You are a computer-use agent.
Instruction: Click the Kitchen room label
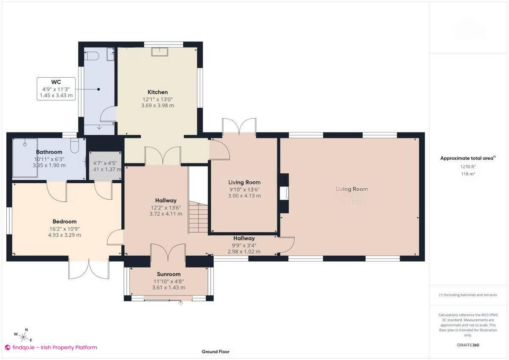point(157,92)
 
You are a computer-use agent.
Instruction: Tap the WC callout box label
point(56,82)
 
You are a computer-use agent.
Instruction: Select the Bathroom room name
point(49,152)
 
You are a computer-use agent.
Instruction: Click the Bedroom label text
point(64,221)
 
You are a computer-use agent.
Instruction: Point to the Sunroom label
point(168,274)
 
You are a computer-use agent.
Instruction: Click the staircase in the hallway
point(198,218)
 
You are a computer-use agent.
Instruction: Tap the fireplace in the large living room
point(284,193)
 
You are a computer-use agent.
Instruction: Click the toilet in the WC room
point(92,56)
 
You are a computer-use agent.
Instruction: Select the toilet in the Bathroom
point(75,145)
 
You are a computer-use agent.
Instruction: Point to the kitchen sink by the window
point(160,51)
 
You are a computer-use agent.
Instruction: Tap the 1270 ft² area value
point(468,167)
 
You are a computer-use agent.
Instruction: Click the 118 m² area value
point(468,174)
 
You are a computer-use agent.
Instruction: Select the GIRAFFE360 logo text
point(468,345)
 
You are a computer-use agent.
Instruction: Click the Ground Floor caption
point(215,352)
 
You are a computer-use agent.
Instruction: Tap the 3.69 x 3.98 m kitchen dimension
point(157,106)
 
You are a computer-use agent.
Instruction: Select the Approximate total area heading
point(467,158)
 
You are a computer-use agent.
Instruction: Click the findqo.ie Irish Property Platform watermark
point(51,347)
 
